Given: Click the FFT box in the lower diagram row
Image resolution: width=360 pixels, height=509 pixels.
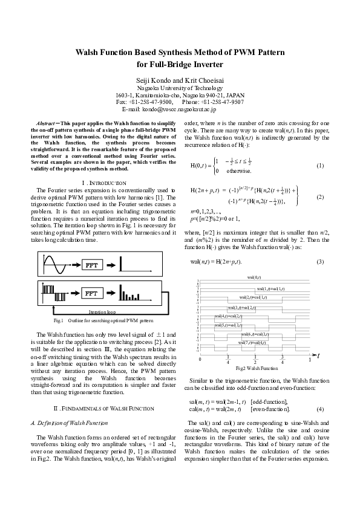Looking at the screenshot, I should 92,293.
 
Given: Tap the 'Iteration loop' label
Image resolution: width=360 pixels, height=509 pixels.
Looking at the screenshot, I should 102,311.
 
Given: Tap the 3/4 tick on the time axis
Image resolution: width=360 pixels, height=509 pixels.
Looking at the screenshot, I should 283,360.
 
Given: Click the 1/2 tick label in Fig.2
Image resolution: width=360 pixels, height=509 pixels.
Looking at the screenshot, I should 255,360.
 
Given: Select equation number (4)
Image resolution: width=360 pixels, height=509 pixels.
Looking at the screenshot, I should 320,409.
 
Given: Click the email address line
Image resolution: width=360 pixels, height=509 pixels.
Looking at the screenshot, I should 180,109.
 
